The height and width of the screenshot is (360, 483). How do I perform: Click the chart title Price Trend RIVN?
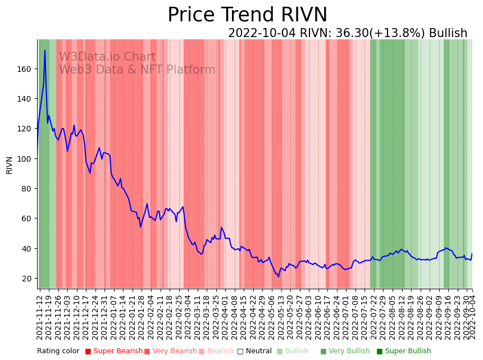(x=247, y=15)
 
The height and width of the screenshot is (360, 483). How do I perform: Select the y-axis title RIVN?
(x=10, y=165)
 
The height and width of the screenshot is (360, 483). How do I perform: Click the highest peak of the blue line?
(x=45, y=51)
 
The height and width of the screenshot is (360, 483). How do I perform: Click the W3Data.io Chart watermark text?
(x=107, y=57)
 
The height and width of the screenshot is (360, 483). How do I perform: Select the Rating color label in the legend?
(x=58, y=352)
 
